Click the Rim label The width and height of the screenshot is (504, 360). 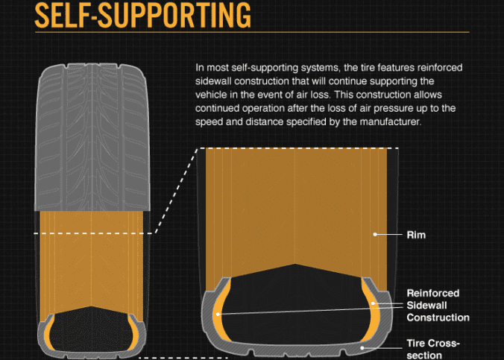[416, 235]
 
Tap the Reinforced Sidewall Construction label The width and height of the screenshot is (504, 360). [438, 306]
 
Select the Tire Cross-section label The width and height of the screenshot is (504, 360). [433, 349]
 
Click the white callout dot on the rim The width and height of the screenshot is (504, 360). [375, 234]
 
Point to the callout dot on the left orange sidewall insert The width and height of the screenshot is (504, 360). [218, 314]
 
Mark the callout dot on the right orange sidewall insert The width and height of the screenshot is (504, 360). [373, 303]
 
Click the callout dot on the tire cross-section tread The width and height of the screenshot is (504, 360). [362, 348]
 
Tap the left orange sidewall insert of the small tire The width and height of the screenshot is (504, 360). [49, 332]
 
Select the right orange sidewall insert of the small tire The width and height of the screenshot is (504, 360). [133, 332]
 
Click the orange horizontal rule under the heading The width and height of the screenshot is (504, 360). [252, 32]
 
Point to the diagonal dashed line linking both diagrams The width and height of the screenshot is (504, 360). [176, 191]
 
